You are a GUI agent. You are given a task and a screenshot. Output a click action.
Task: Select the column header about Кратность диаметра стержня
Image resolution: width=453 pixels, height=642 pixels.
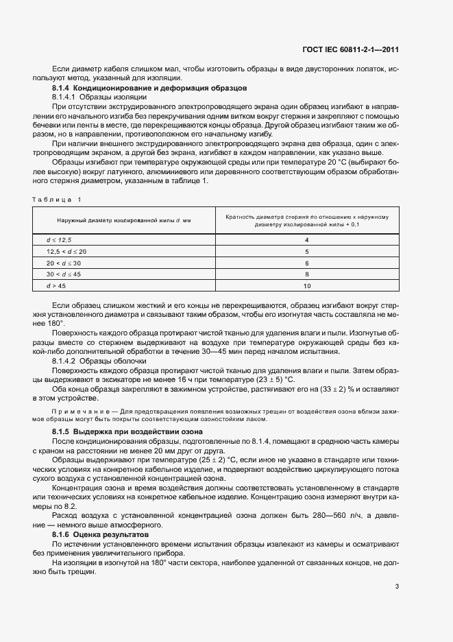307,219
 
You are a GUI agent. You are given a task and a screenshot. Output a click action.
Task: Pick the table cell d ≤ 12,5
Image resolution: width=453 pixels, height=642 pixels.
59,240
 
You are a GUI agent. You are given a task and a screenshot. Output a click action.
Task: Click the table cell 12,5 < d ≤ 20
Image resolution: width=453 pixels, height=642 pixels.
66,251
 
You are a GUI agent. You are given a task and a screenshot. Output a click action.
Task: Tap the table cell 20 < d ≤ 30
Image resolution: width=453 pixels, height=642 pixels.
64,263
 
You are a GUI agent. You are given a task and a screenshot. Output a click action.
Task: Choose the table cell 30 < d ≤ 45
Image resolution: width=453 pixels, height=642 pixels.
64,274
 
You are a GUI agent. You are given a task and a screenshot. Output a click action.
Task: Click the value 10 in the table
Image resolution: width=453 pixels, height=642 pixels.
307,285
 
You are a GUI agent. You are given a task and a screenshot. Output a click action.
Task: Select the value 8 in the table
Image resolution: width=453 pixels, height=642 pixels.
307,274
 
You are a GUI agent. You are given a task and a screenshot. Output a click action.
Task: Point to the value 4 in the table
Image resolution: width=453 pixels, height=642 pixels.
307,240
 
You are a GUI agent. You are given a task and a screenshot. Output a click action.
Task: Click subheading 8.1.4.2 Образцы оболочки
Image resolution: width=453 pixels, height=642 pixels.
99,361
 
